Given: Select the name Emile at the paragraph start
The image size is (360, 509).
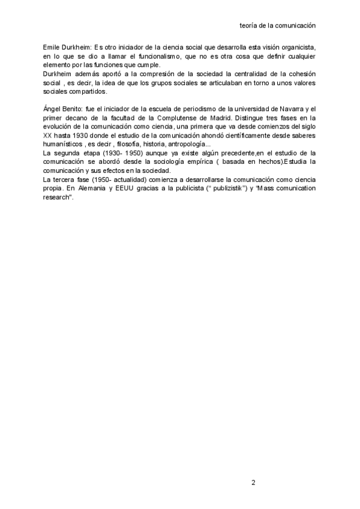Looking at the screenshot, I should (x=52, y=47).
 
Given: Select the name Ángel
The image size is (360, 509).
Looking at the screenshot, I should (x=52, y=109).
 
